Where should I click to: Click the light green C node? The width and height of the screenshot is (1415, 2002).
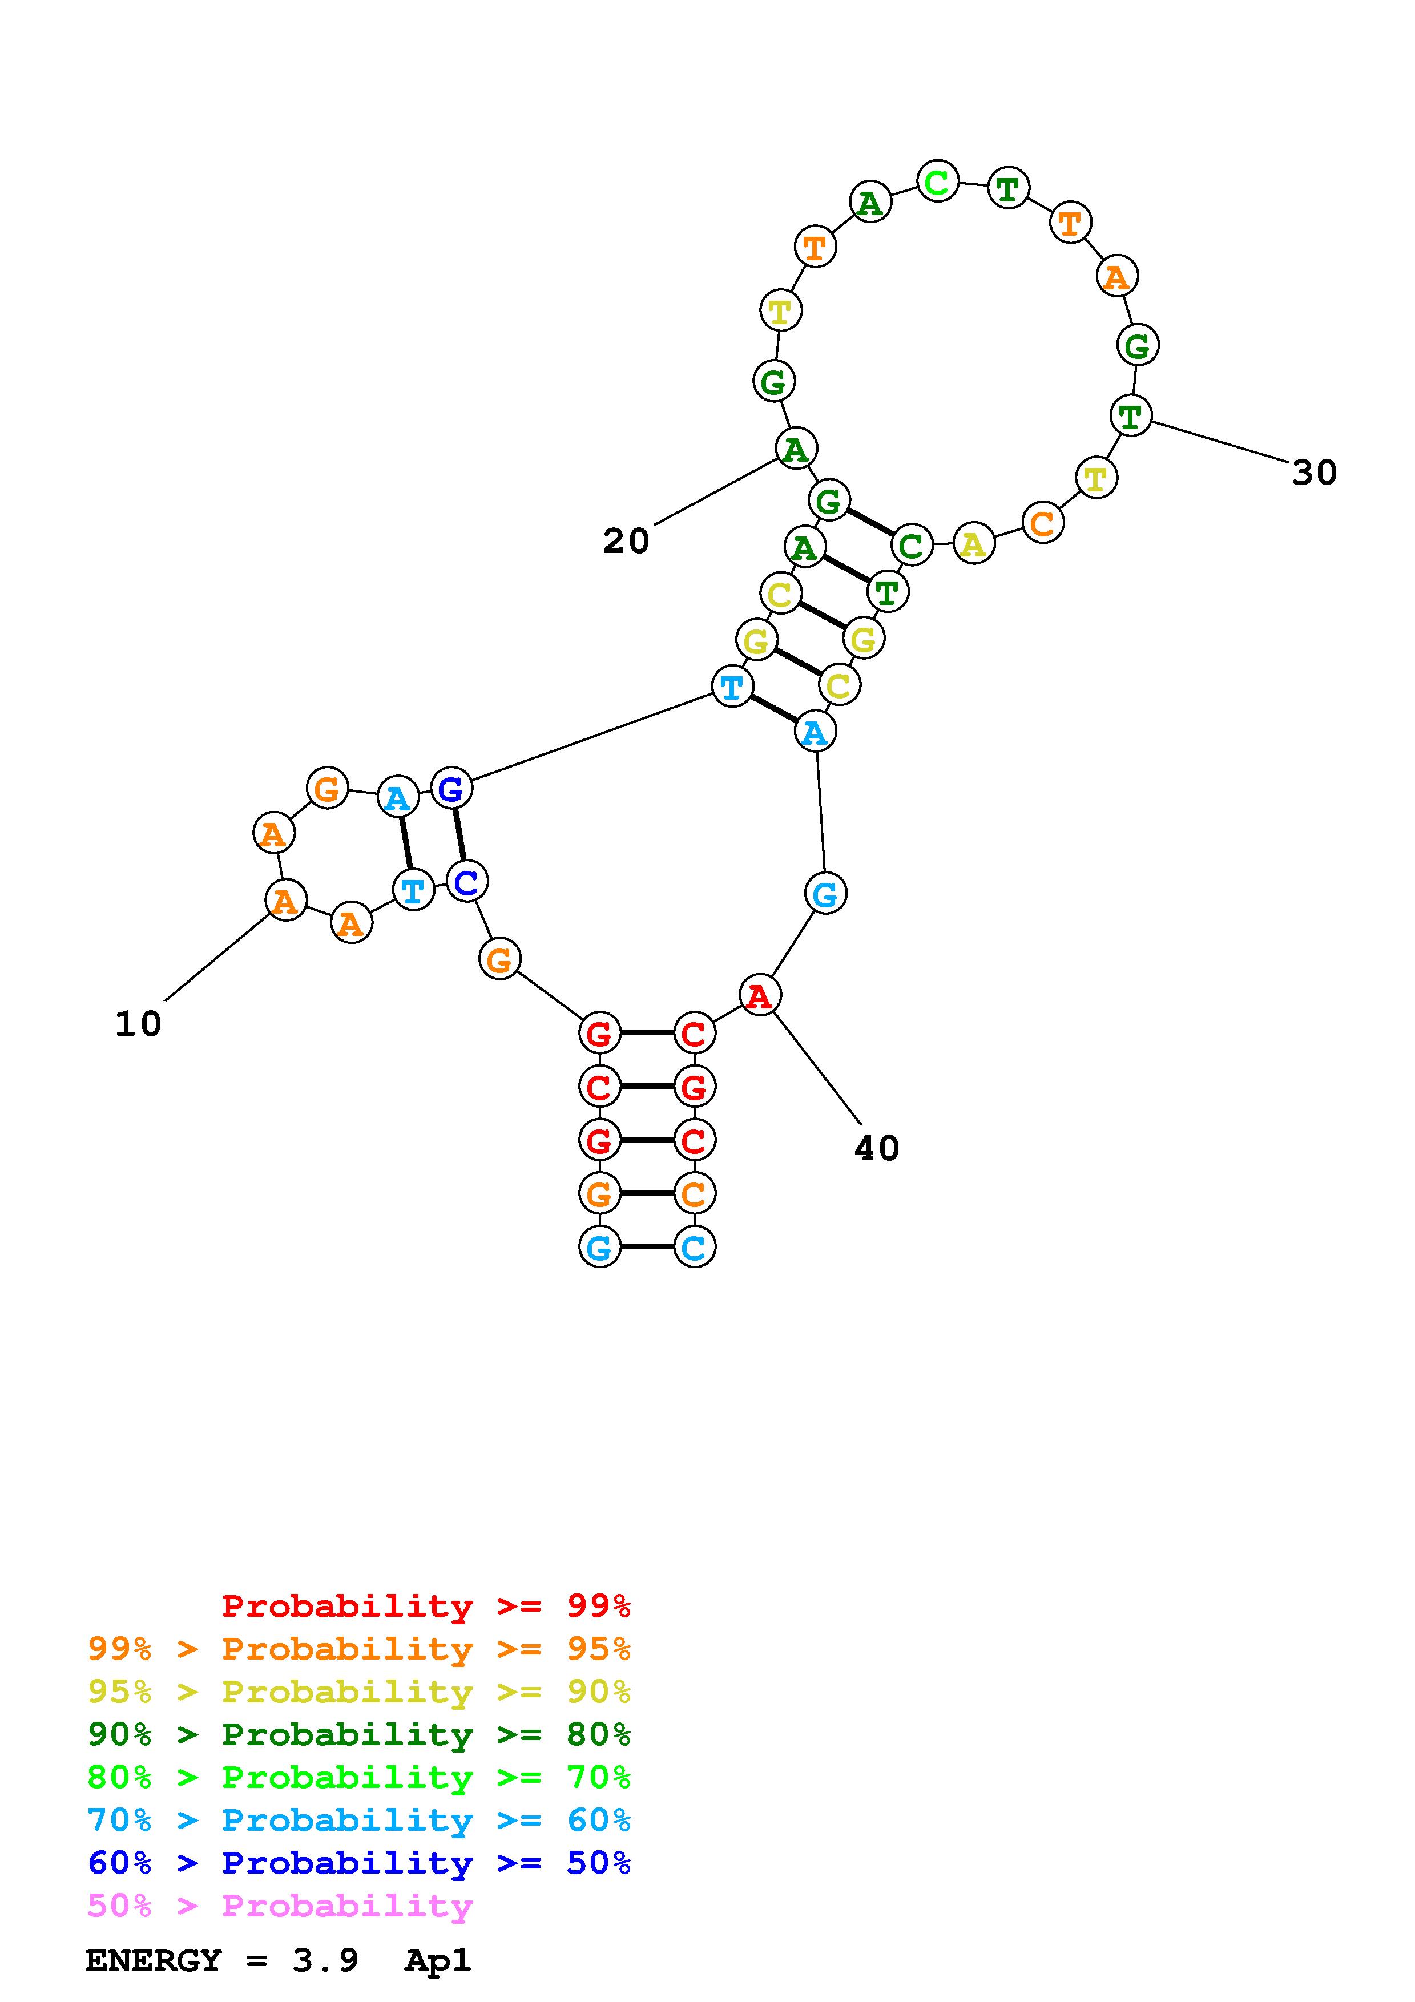click(937, 182)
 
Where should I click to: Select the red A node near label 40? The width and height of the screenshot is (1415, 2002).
click(759, 995)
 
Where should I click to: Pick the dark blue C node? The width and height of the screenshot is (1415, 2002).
click(466, 882)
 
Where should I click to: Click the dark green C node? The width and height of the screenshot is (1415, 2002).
click(911, 546)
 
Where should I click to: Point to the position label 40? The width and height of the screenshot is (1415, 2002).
click(876, 1148)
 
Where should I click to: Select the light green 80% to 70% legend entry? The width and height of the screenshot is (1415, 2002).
click(358, 1777)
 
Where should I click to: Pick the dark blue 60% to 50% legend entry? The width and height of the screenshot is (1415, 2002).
click(358, 1863)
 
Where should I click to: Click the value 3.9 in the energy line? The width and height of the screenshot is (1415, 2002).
click(325, 1961)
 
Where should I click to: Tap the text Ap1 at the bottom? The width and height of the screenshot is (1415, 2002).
click(438, 1961)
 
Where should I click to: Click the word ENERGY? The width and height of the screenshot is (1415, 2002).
click(154, 1961)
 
